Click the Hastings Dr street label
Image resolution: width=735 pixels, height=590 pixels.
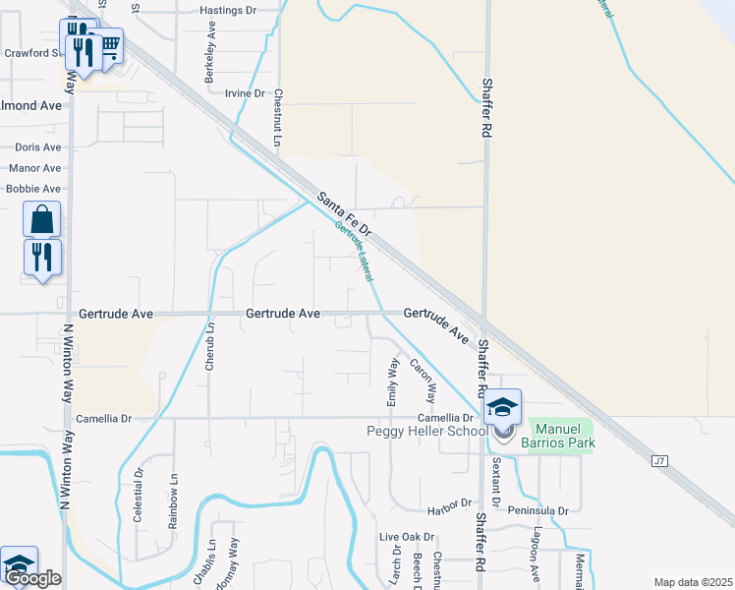pos(227,10)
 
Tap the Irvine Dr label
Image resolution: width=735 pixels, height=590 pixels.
pos(245,93)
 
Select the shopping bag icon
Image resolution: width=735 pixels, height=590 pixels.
pos(42,219)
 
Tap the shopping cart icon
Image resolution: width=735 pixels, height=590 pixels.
pos(109,44)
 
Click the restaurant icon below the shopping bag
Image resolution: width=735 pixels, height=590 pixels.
pos(42,258)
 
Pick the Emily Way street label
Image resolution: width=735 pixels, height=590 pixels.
pos(393,383)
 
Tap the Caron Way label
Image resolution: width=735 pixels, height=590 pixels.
pos(424,382)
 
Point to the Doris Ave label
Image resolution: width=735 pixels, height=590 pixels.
pos(38,147)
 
